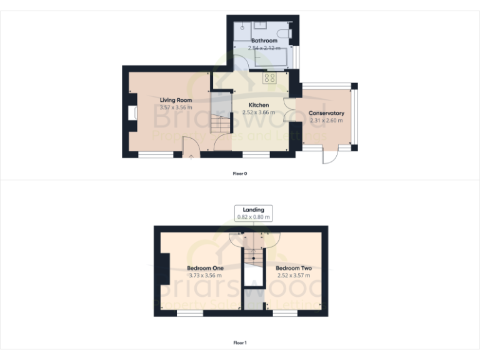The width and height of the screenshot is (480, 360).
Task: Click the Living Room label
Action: [176, 100]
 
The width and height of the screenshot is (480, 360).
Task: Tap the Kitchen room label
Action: [259, 105]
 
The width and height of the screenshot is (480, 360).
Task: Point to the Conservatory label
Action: [326, 113]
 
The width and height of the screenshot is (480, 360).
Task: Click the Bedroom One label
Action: [206, 268]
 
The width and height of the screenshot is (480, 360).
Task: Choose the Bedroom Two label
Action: [294, 268]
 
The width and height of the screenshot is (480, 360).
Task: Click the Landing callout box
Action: [254, 213]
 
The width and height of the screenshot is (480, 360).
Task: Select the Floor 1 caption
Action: [240, 342]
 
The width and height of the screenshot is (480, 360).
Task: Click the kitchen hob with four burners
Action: [271, 78]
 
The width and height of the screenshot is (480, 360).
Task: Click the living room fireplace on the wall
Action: [132, 113]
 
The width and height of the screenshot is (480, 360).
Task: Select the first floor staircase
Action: [254, 253]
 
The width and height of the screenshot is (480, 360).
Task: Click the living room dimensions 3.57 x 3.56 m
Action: [176, 107]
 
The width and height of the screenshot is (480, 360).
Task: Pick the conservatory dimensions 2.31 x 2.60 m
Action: [326, 121]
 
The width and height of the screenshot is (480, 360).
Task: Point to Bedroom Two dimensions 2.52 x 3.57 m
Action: [294, 276]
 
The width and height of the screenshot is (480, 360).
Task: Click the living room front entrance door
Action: [190, 150]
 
